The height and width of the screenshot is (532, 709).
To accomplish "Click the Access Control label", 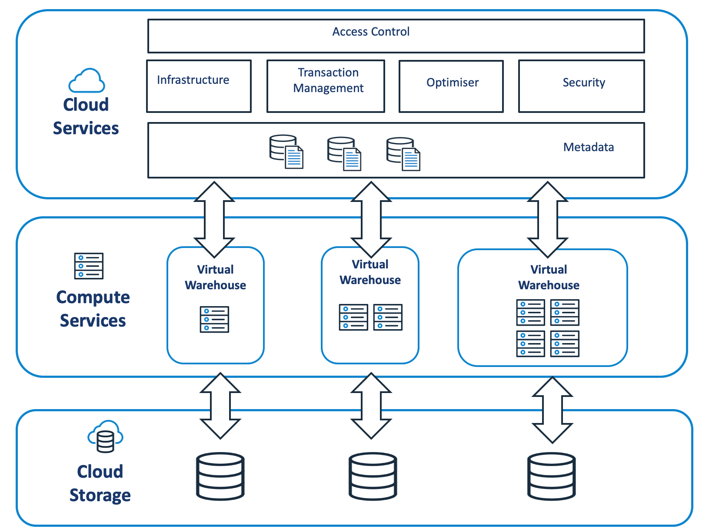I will coord(371,32).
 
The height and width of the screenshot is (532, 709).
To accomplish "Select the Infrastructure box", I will coord(199,86).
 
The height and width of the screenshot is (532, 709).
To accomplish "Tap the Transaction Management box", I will coord(326,86).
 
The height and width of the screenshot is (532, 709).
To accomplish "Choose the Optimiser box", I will coord(451,86).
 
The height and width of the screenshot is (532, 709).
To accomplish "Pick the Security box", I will coord(581,86).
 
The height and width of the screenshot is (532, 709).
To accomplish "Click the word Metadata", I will coord(588,147).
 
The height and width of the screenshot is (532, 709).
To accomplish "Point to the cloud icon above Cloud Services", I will coord(87,81).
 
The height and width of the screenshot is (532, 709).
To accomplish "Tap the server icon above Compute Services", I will coord(89,266).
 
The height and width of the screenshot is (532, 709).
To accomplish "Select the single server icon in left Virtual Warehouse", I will coord(214,319).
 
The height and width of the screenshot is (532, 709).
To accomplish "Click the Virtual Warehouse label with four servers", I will coord(549,277).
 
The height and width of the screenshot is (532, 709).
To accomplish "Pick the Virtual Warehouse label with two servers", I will coord(370,272).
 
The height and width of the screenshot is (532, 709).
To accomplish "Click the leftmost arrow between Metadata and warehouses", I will coord(214,219).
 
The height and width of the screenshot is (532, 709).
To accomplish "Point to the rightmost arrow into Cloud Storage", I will coord(552,410).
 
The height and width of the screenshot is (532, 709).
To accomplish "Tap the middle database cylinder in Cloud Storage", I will coord(373,476).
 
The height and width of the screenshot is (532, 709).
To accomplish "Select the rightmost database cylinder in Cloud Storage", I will coord(551,476).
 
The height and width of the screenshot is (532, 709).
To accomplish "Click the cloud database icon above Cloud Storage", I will coord(105,436).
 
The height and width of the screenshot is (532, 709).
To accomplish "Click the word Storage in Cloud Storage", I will coord(100,495).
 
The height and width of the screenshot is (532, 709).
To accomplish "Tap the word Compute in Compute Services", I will coord(93,297).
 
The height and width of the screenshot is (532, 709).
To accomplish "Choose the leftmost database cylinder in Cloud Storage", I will coord(220,476).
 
